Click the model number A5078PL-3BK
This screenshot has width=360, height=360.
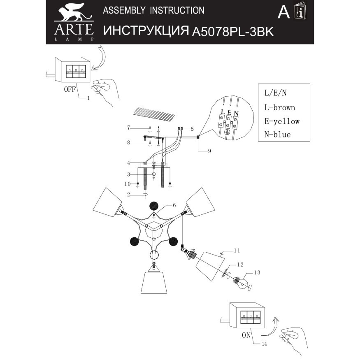click(x=233, y=32)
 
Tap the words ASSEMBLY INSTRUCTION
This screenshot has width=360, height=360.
click(x=153, y=10)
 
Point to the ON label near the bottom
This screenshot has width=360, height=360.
click(x=246, y=335)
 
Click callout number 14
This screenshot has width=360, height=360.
click(x=264, y=344)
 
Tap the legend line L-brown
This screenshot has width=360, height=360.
click(x=279, y=108)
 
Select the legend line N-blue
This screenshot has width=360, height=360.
click(x=277, y=135)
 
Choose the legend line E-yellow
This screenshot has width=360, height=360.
click(x=281, y=121)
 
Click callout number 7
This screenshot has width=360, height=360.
click(x=128, y=127)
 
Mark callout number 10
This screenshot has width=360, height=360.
click(x=128, y=183)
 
